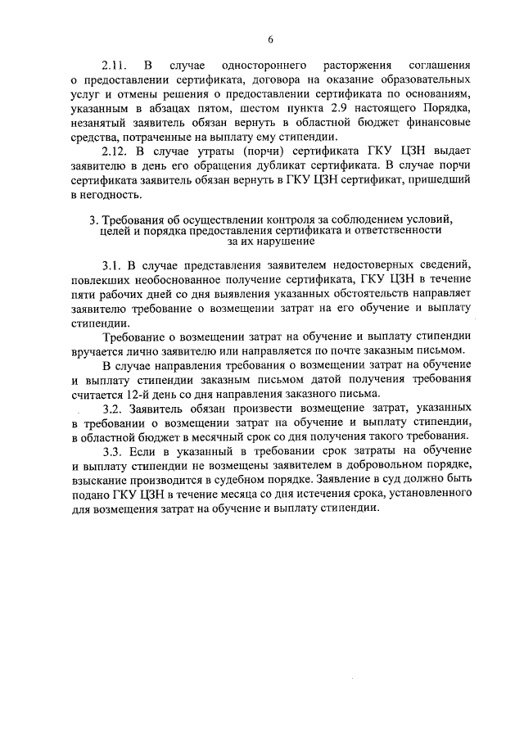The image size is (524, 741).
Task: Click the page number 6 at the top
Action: tap(269, 38)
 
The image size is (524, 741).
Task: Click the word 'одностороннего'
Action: tap(257, 64)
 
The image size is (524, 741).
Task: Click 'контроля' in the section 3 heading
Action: tap(284, 222)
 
